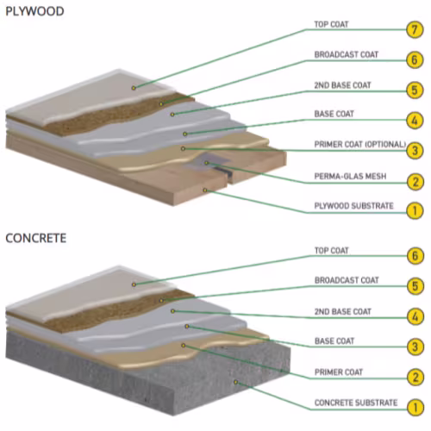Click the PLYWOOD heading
34,11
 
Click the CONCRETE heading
36,238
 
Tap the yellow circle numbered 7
415,29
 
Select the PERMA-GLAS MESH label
350,176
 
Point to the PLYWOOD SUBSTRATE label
353,206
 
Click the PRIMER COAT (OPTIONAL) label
360,144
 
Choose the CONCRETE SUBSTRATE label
356,403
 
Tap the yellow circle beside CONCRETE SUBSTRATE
415,408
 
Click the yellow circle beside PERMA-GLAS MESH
415,182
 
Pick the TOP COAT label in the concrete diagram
332,251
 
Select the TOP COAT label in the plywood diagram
331,24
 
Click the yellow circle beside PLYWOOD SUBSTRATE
415,211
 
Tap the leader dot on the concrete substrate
235,382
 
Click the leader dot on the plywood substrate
205,191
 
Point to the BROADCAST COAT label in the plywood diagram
347,54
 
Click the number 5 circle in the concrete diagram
415,286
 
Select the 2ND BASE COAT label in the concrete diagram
343,311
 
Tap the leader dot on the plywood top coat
134,88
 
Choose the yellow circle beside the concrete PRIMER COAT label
415,377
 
